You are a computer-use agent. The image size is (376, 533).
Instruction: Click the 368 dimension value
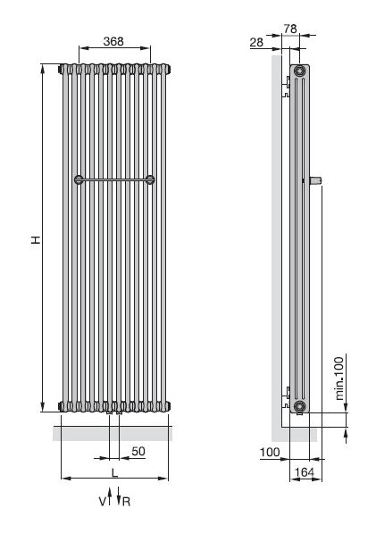point(113,41)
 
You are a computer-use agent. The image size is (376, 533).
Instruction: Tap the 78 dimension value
point(290,29)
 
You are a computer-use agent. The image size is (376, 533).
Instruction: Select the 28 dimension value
point(256,42)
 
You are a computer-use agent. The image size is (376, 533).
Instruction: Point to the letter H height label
point(36,239)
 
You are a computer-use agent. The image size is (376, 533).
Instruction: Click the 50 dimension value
point(138,451)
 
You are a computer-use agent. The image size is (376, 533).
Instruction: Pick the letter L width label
point(115,472)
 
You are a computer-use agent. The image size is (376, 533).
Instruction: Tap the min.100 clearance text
point(339,379)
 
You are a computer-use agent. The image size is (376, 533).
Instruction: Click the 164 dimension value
point(305,472)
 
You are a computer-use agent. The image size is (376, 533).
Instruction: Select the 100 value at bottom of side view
point(270,452)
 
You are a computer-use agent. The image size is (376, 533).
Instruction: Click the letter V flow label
point(103,502)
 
